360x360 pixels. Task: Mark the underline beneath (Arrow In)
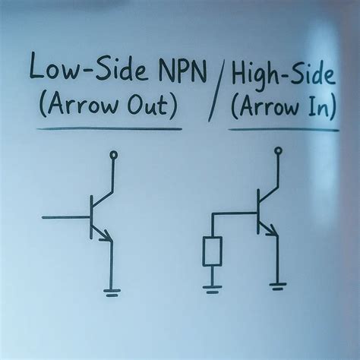pyautogui.click(x=283, y=129)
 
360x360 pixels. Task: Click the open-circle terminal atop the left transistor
pyautogui.click(x=113, y=155)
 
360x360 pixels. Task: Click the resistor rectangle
pyautogui.click(x=212, y=251)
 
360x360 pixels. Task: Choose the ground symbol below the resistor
pyautogui.click(x=212, y=289)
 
